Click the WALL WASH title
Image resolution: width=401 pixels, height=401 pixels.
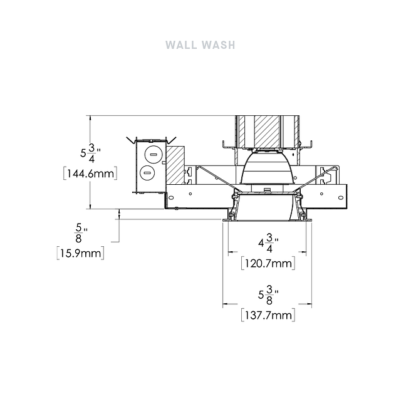200,45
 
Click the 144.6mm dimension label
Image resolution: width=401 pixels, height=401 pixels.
90,174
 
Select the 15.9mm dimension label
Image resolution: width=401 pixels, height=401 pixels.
81,253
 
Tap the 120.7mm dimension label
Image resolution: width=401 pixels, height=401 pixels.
268,263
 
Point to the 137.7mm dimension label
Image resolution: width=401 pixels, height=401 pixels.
268,315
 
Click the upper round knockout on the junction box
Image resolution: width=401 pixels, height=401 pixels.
153,155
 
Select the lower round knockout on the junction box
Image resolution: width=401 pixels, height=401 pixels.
147,173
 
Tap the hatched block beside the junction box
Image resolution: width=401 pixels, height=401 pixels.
175,165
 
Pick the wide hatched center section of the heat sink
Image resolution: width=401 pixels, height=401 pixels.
267,132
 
